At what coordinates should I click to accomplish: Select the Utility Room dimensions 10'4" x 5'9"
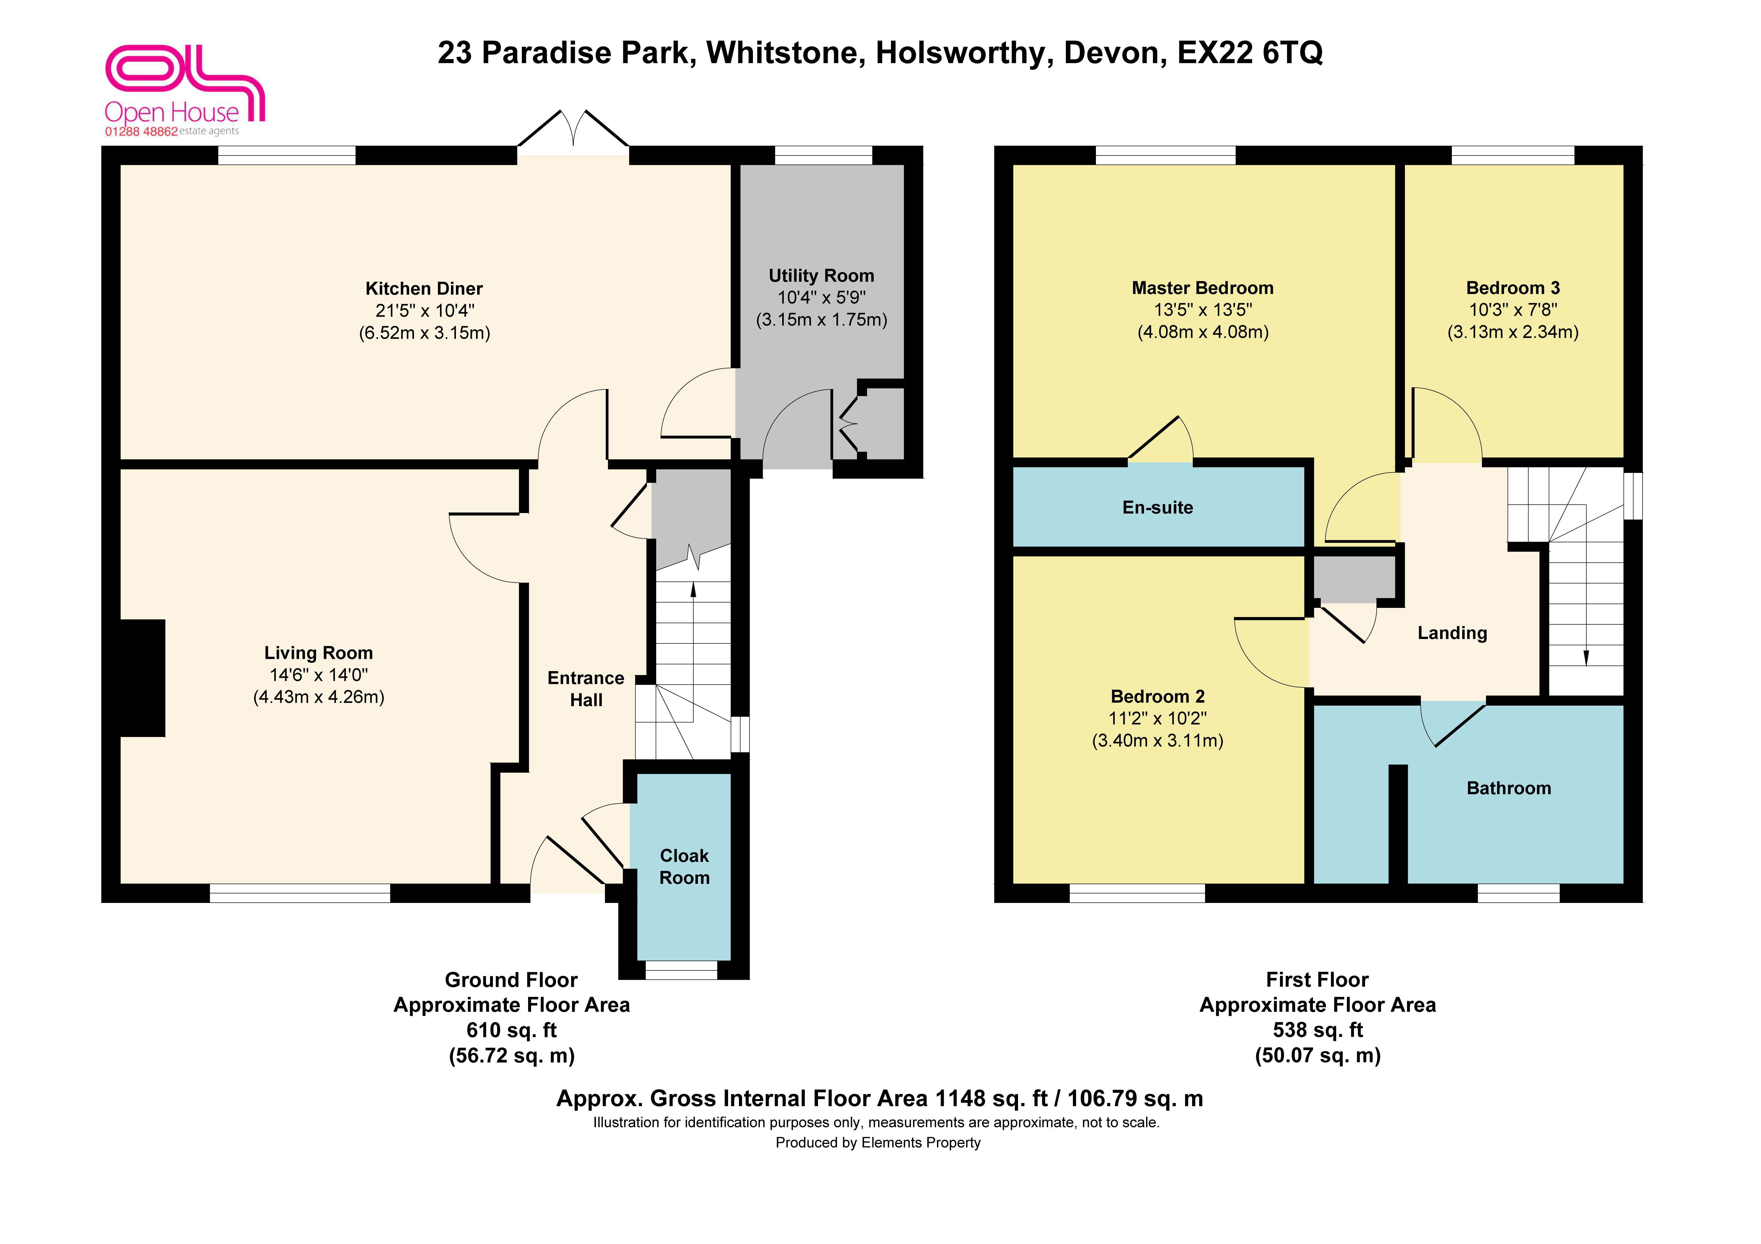click(821, 298)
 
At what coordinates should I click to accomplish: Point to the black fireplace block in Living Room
click(143, 678)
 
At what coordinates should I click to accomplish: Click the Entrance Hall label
click(586, 689)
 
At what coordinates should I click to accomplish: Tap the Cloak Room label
click(684, 867)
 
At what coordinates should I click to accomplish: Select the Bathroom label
click(1509, 788)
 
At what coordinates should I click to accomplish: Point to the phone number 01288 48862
click(141, 131)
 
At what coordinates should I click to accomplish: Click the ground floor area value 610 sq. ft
click(512, 1030)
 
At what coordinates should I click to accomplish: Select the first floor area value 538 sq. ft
click(1318, 1030)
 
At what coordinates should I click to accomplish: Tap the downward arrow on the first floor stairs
click(1586, 603)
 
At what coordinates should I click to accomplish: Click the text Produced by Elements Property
click(878, 1143)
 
